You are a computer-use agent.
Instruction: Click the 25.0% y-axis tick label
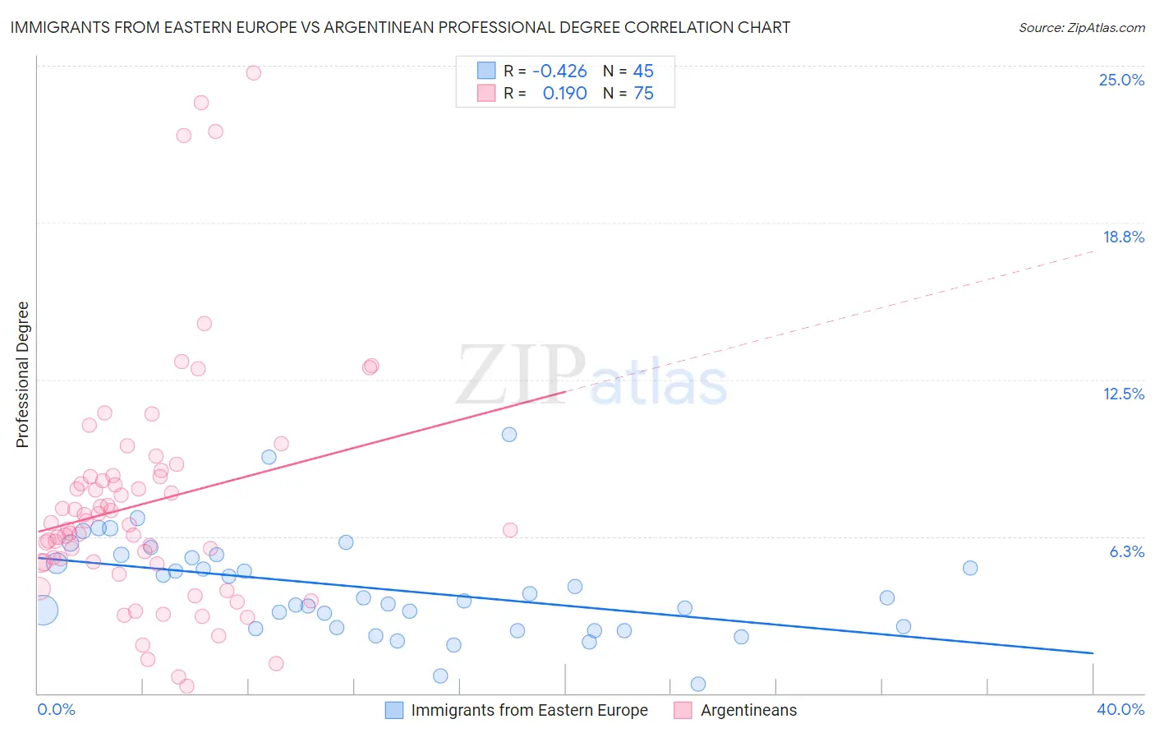click(1121, 80)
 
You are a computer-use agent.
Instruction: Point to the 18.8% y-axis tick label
click(1123, 237)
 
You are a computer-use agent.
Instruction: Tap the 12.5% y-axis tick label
click(1123, 394)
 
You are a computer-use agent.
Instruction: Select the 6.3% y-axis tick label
click(1126, 551)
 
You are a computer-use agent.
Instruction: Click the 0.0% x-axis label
click(56, 709)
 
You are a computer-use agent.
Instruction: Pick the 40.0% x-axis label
click(1120, 709)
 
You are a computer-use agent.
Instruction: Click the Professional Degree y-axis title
click(22, 375)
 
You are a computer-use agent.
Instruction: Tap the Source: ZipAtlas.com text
click(1081, 27)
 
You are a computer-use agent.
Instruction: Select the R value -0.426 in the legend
click(559, 71)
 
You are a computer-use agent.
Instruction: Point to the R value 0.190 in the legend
click(564, 94)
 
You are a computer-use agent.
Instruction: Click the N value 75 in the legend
click(643, 94)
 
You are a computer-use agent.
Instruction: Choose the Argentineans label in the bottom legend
click(748, 710)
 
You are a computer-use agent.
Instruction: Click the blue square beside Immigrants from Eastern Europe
click(394, 710)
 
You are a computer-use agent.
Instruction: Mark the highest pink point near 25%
click(253, 73)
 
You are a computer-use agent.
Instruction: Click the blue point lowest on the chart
click(698, 684)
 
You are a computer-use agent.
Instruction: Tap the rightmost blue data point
click(970, 568)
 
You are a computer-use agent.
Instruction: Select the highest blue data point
click(509, 435)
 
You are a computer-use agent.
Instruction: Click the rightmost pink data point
click(510, 530)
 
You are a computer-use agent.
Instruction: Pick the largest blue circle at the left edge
click(43, 610)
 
